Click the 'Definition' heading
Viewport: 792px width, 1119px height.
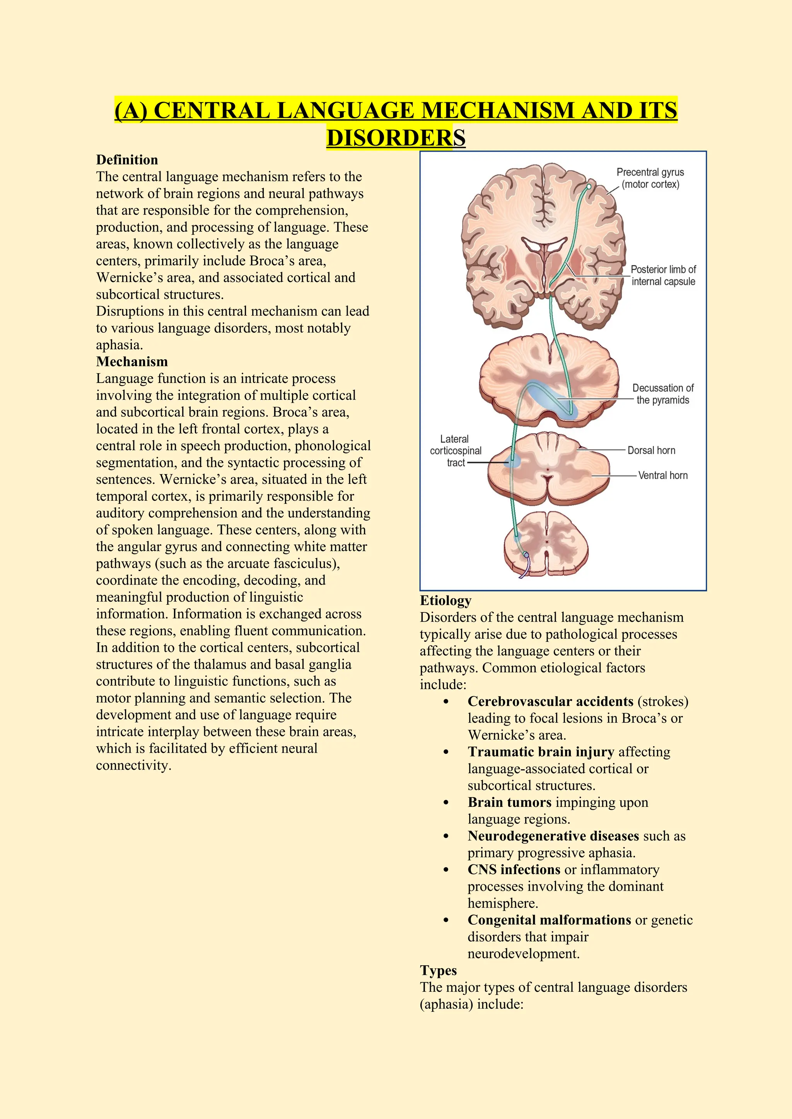127,160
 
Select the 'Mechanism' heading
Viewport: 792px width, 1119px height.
131,362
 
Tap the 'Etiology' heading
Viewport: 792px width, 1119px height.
445,600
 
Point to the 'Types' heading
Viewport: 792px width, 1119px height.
438,970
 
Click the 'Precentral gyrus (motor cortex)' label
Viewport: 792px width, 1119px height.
650,179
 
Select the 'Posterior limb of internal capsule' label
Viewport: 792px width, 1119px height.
663,275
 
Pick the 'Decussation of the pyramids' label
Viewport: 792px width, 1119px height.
663,394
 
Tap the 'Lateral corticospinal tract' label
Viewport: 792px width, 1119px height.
456,451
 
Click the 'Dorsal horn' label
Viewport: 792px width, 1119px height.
651,450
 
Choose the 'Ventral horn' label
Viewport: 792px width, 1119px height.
663,475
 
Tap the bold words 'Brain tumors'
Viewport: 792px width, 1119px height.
509,802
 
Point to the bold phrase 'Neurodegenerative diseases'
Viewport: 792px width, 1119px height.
553,836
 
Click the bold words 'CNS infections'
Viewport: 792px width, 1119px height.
514,869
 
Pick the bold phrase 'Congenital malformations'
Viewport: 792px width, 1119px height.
549,920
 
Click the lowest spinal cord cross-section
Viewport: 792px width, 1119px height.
546,543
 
